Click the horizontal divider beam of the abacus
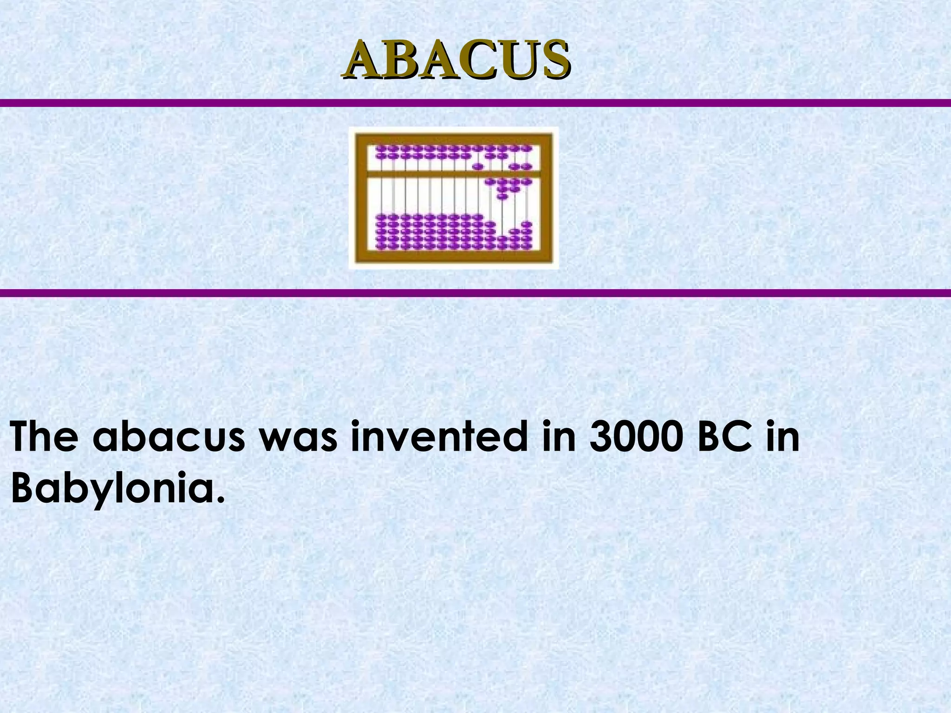[454, 174]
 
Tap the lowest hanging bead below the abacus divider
[501, 197]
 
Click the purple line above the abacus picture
[475, 103]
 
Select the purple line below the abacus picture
[475, 293]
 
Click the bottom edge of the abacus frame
[454, 257]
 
